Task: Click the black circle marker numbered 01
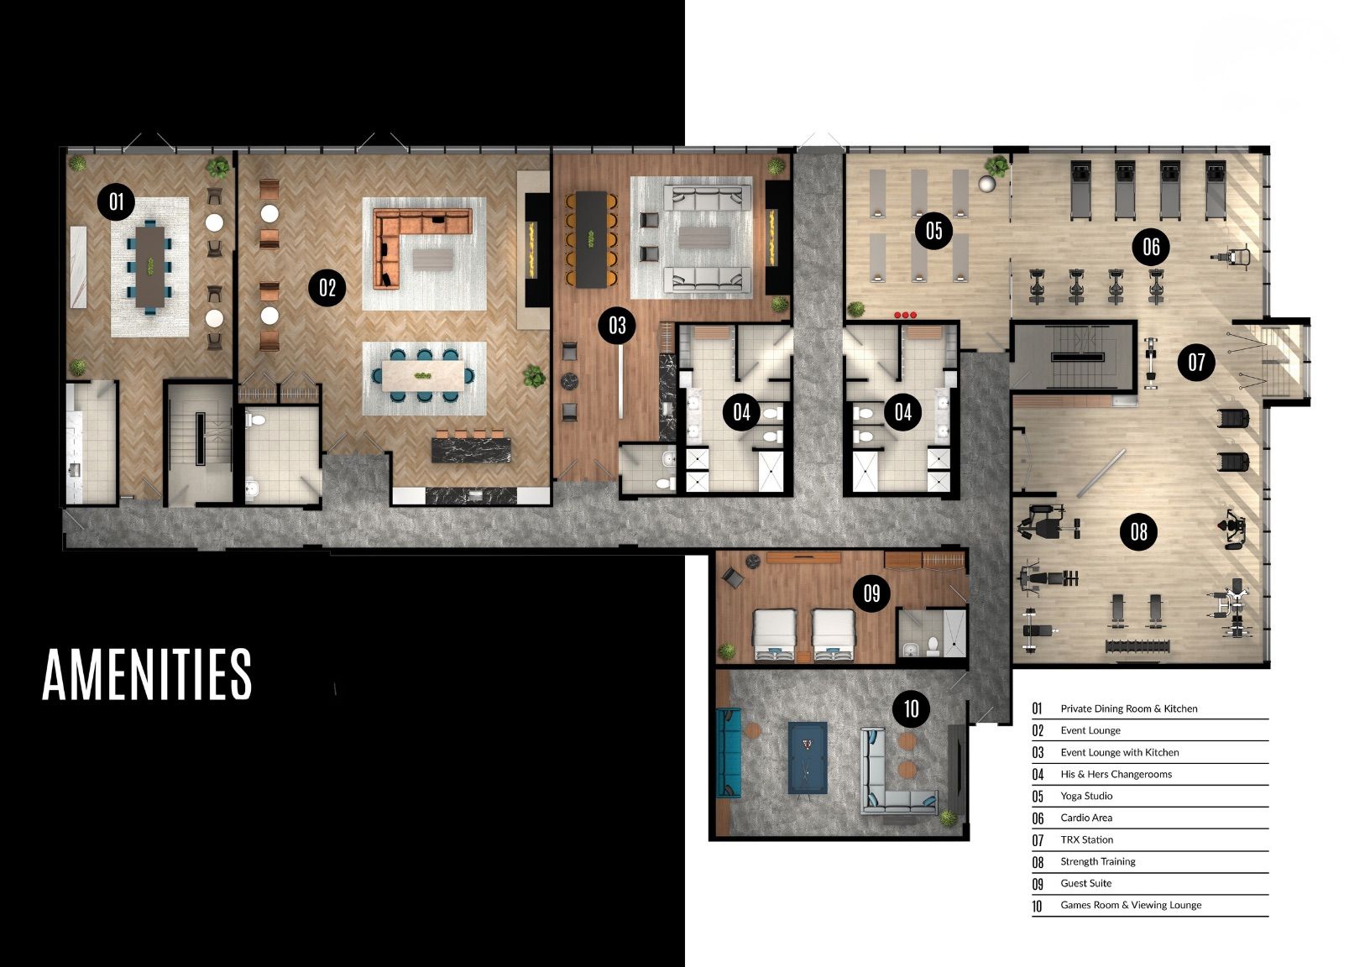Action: pyautogui.click(x=116, y=201)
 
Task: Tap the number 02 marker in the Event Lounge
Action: pyautogui.click(x=327, y=287)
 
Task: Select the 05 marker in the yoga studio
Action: pyautogui.click(x=933, y=231)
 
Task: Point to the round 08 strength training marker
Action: pyautogui.click(x=1138, y=531)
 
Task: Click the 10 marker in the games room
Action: pyautogui.click(x=912, y=708)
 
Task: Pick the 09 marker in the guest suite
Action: pyautogui.click(x=871, y=593)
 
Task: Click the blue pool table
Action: pyautogui.click(x=808, y=758)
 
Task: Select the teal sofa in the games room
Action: pyautogui.click(x=729, y=752)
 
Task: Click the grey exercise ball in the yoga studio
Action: pyautogui.click(x=986, y=184)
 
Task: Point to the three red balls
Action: pyautogui.click(x=905, y=315)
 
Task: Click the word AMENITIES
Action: pyautogui.click(x=147, y=674)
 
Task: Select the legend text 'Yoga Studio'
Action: pyautogui.click(x=1086, y=796)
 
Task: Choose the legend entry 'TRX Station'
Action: pyautogui.click(x=1087, y=839)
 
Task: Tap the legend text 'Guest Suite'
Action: pyautogui.click(x=1085, y=883)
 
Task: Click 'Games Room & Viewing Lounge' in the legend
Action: pyautogui.click(x=1131, y=905)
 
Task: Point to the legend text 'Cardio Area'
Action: pyautogui.click(x=1086, y=818)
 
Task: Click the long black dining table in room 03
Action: pyautogui.click(x=591, y=239)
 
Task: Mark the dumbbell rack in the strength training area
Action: pyautogui.click(x=1137, y=646)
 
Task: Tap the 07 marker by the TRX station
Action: pyautogui.click(x=1196, y=362)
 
